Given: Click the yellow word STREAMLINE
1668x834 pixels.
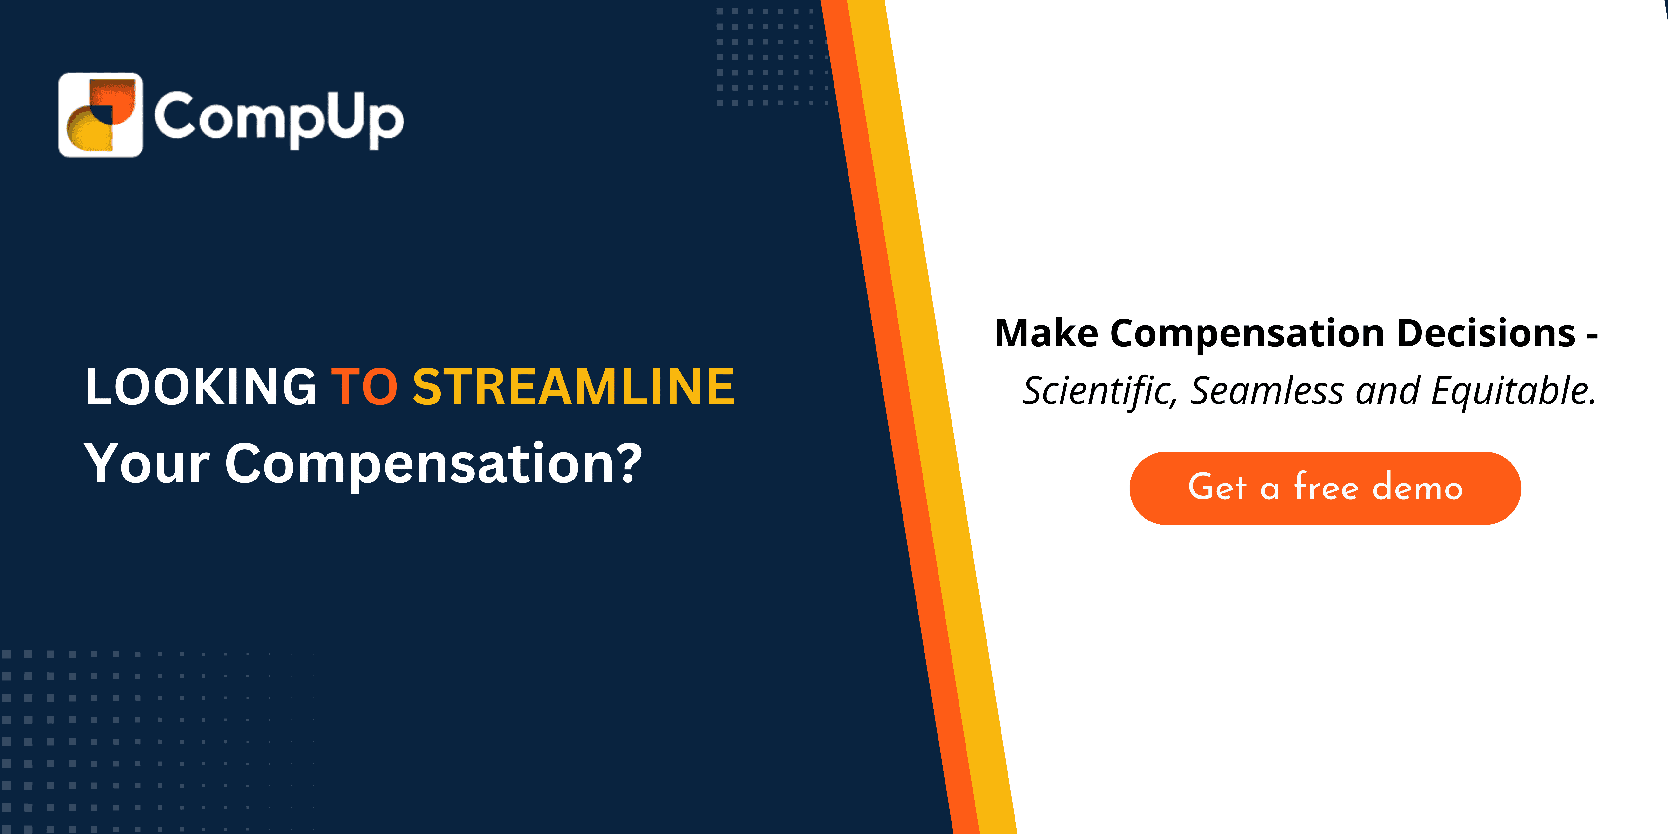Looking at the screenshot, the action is coord(574,387).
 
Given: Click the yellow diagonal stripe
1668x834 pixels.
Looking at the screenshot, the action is coord(932,417).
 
